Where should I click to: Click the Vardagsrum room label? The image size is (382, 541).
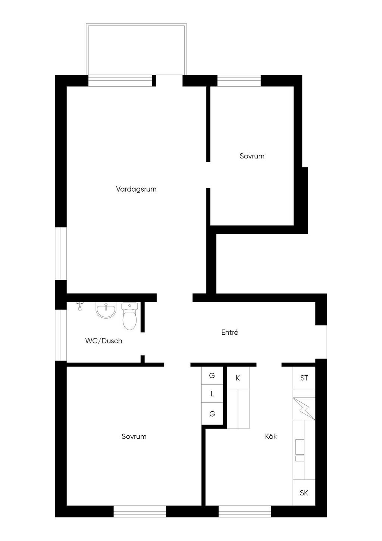click(136, 189)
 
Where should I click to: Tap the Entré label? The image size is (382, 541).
click(229, 332)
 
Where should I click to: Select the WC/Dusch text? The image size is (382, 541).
click(104, 341)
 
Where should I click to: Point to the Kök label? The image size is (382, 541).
click(271, 436)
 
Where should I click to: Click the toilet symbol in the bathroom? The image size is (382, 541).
click(130, 316)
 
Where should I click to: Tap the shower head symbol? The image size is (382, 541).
click(79, 306)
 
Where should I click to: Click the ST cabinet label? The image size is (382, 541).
click(304, 378)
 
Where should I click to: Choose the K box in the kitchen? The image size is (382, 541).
click(238, 378)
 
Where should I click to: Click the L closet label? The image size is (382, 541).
click(212, 394)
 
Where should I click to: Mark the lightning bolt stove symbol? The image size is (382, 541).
click(304, 409)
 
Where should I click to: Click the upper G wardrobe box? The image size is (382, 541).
click(212, 375)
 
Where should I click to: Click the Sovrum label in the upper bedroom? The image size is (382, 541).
click(252, 156)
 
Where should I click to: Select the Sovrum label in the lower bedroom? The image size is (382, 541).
click(134, 436)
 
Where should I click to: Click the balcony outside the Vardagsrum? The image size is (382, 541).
click(137, 49)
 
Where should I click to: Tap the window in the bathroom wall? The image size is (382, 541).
click(61, 335)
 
